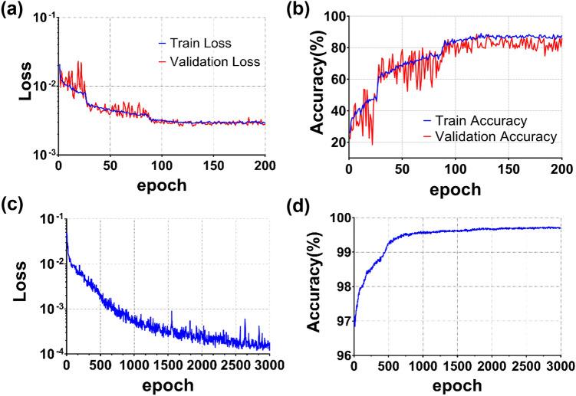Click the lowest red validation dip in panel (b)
(373, 144)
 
